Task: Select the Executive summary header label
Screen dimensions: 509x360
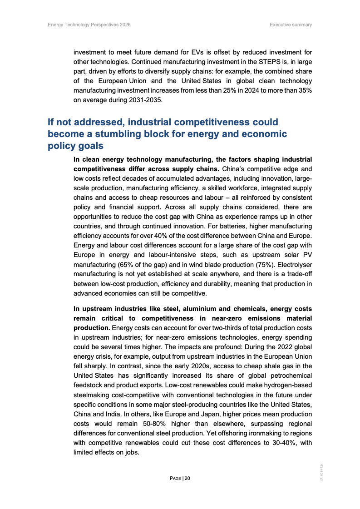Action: click(291, 25)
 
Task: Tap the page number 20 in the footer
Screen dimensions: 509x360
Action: click(187, 478)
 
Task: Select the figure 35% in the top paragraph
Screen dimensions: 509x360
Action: click(304, 91)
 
